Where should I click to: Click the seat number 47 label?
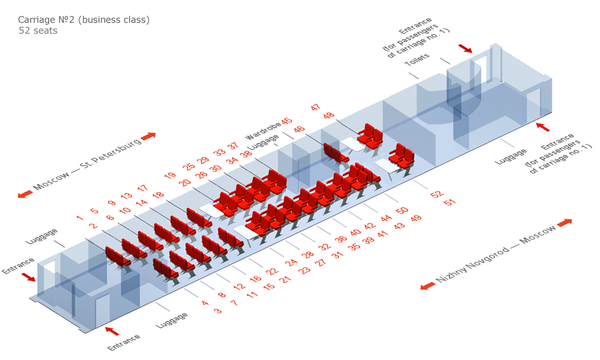point(316,107)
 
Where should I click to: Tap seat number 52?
point(437,194)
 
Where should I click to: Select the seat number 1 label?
point(80,218)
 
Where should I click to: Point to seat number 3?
point(218,311)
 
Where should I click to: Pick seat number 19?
point(170,175)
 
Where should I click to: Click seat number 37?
point(233,146)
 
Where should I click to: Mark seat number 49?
point(416,218)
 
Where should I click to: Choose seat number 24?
point(291,262)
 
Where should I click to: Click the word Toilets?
point(417,59)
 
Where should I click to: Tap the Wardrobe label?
point(263,131)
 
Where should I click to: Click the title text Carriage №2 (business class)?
point(84,20)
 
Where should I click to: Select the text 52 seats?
point(38,31)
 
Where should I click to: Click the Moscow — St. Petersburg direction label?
point(88,164)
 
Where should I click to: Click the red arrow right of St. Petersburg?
point(148,136)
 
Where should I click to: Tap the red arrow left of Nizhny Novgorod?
point(427,286)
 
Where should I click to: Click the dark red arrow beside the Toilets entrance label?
point(465,48)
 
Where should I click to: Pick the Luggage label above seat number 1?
point(42,236)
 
